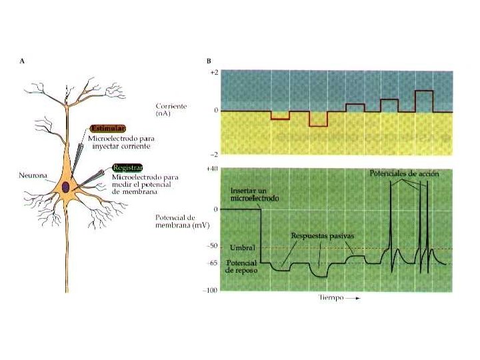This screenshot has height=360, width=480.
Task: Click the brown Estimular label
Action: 107,128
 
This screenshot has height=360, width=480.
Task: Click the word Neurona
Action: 33,176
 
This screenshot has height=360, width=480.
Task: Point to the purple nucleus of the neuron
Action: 67,187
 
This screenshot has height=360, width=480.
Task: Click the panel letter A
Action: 23,61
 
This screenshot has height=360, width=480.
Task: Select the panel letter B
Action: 209,61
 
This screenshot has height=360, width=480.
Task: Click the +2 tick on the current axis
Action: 213,71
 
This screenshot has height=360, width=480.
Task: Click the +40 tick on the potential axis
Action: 213,170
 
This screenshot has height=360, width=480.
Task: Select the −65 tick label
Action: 212,263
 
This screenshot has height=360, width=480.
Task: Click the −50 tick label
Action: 212,246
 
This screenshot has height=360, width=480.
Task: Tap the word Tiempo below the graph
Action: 330,298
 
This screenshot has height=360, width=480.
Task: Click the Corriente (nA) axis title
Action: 170,110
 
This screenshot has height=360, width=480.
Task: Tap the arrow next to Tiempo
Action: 354,299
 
